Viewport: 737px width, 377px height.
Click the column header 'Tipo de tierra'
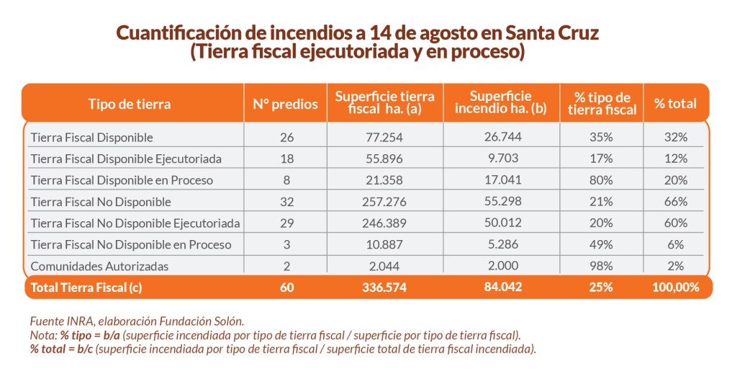(x=130, y=104)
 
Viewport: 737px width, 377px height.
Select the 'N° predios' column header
(x=285, y=104)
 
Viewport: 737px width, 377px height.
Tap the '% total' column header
(x=675, y=104)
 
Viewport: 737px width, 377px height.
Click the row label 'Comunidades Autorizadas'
(x=99, y=266)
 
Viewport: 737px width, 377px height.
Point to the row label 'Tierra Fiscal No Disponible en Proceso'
(x=130, y=244)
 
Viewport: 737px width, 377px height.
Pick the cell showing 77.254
(x=385, y=137)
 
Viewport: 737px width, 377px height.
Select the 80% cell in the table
(x=602, y=179)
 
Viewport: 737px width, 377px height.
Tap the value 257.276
(x=385, y=201)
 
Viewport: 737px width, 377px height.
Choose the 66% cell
(x=676, y=201)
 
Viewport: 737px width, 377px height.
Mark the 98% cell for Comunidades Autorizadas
(x=602, y=266)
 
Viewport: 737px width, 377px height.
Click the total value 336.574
(x=385, y=287)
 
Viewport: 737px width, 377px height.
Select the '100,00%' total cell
(x=676, y=287)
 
